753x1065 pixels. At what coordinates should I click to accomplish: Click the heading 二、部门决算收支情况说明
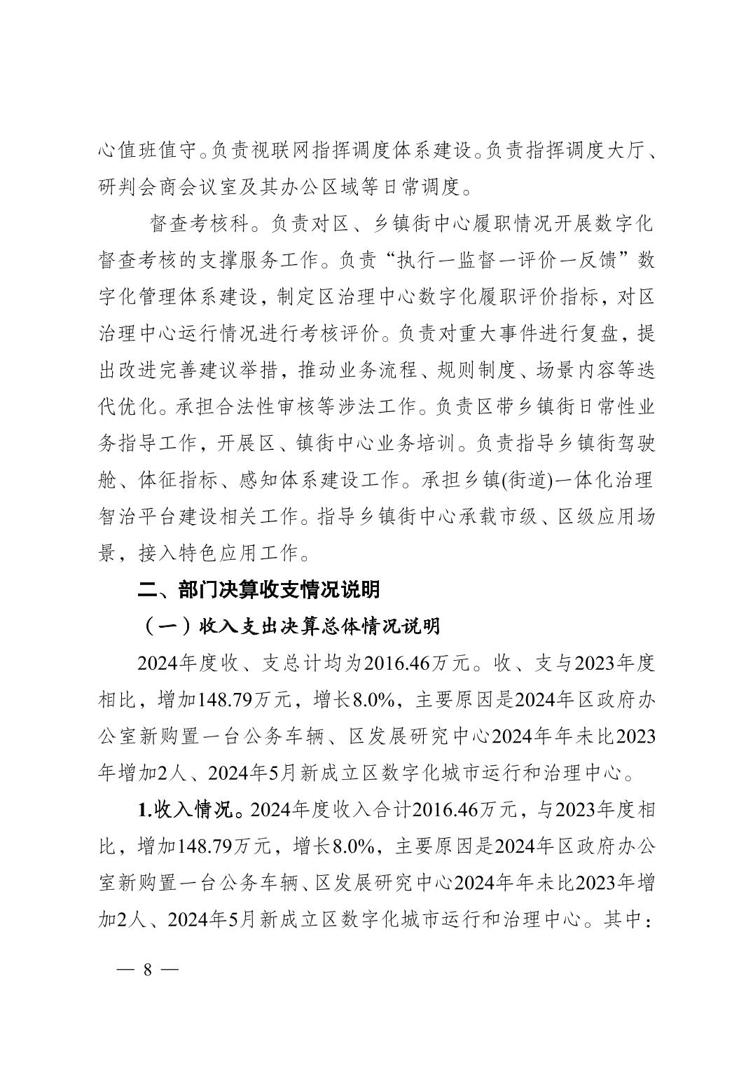[x=258, y=589]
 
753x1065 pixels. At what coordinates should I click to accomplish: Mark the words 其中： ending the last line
[x=628, y=919]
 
